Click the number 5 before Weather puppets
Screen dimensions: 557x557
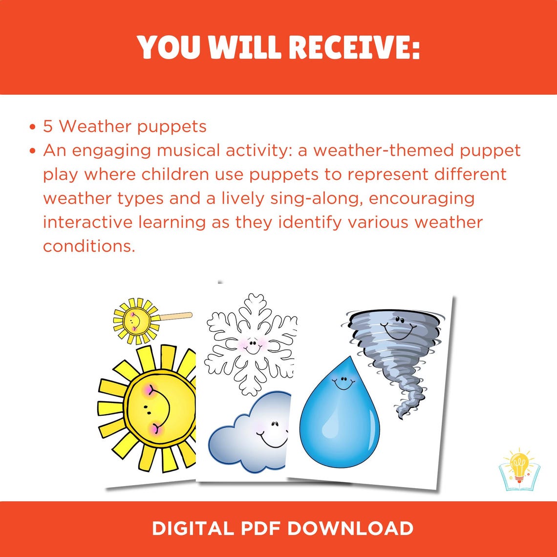48,127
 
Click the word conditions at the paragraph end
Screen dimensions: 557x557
88,246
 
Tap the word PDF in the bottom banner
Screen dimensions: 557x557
257,529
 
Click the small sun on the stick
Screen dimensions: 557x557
135,321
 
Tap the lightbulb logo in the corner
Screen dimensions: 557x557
518,470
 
